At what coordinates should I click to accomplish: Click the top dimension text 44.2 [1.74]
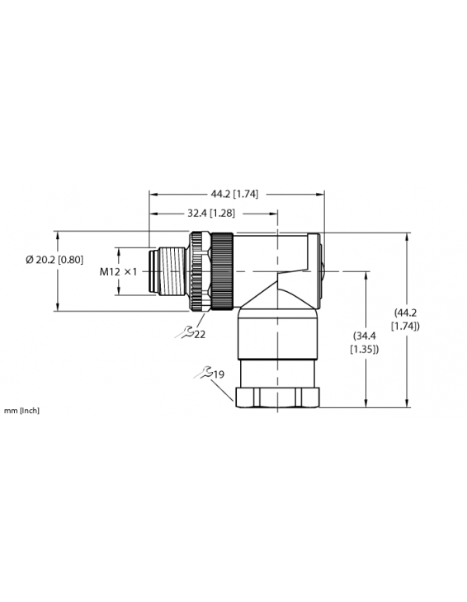(235, 194)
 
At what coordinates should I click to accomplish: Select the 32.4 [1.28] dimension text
(212, 213)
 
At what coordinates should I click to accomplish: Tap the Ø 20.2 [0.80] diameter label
(54, 259)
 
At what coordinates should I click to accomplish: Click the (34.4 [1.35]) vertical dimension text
(366, 342)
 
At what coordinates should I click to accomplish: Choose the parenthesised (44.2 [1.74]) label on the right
(407, 319)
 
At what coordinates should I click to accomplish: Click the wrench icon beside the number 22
(186, 332)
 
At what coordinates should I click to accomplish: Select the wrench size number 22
(200, 334)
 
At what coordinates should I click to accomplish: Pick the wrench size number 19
(219, 376)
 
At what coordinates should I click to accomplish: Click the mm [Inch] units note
(21, 410)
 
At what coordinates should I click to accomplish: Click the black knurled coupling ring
(222, 270)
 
